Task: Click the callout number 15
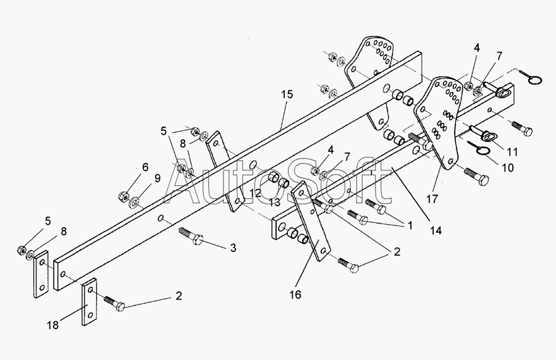pos(287,94)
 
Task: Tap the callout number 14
pos(436,231)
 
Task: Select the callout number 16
pos(295,295)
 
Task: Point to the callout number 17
pos(432,199)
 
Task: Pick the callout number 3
pos(233,248)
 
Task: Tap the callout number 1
pos(410,225)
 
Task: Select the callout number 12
pos(255,193)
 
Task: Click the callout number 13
pos(274,203)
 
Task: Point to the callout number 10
pos(508,167)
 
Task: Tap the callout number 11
pos(512,152)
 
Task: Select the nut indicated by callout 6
pos(123,196)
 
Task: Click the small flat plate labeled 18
pos(90,301)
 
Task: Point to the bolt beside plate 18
pos(114,303)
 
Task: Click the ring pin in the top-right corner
pos(531,78)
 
